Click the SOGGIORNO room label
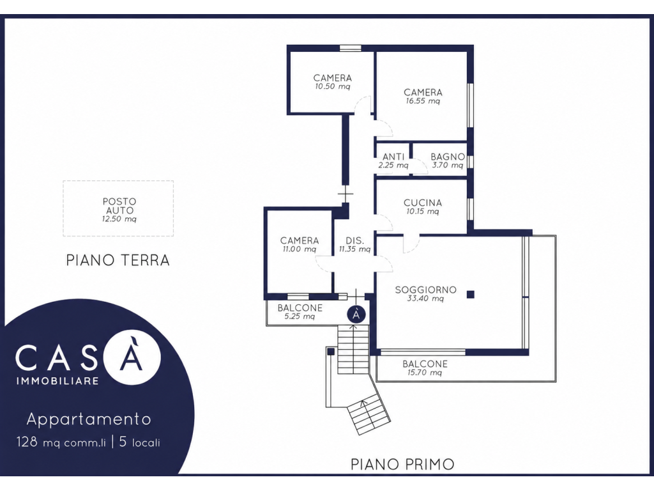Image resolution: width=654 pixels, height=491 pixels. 425,290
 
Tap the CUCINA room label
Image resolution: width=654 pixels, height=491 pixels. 423,203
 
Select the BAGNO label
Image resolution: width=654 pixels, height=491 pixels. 448,157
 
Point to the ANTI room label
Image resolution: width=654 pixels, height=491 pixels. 393,157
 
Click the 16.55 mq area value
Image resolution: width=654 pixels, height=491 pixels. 423,101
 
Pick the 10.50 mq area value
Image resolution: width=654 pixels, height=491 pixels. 332,87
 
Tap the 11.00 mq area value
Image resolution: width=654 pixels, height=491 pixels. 299,249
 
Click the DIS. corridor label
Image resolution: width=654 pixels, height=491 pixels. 354,241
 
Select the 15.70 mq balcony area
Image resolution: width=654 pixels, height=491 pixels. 425,373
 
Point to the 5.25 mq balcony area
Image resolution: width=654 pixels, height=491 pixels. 300,316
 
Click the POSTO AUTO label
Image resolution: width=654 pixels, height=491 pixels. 119,206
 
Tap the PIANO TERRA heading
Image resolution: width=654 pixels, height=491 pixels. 118,260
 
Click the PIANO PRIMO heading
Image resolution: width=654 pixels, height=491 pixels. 402,464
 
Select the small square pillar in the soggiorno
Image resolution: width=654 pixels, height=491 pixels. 471,295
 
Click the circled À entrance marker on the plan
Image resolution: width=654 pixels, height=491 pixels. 356,315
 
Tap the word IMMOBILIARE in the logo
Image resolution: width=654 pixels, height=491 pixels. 57,381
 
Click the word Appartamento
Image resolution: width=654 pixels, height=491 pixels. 88,419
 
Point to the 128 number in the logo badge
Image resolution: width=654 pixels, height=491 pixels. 27,442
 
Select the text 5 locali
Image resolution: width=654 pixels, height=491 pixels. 140,442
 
